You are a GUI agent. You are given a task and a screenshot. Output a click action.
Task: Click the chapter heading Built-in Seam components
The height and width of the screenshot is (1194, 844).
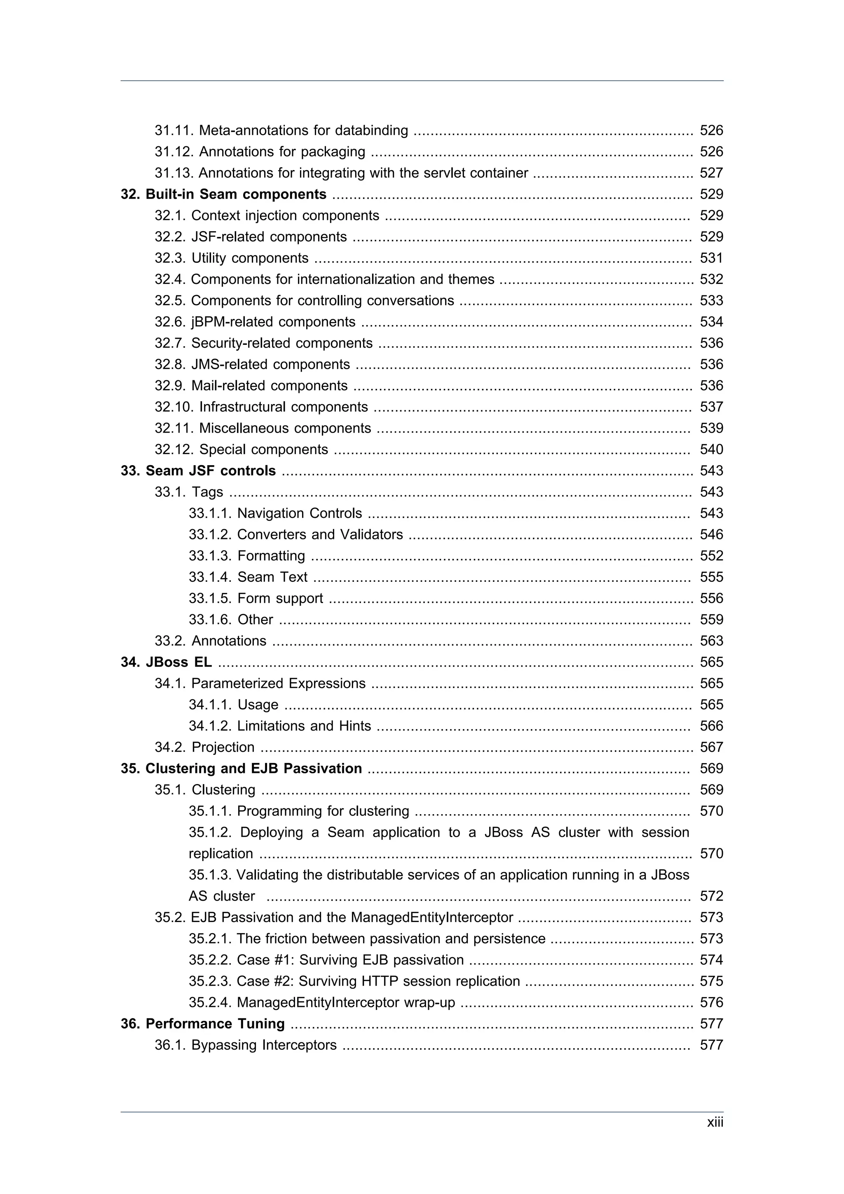tap(224, 194)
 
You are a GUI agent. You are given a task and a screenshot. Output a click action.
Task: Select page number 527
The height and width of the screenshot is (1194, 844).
tap(711, 173)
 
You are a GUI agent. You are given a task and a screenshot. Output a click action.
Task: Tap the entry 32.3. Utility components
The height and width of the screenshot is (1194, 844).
tap(232, 258)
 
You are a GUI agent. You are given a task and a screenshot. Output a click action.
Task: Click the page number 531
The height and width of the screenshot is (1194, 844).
tap(711, 258)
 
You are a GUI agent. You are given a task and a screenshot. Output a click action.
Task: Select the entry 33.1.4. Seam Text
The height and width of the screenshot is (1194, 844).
tap(248, 577)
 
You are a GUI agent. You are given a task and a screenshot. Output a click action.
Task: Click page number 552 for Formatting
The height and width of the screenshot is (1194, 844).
tap(711, 555)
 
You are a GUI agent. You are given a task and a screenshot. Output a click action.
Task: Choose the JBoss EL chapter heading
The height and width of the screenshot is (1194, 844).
tap(166, 662)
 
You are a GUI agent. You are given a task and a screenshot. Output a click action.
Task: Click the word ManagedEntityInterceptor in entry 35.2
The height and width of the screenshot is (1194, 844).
tap(431, 918)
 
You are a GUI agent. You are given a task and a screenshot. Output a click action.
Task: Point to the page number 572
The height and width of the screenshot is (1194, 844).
tap(711, 896)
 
